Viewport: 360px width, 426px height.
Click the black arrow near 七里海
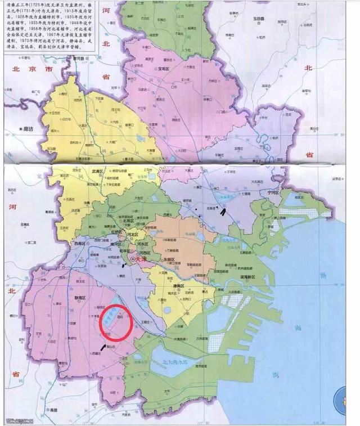[223, 211]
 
